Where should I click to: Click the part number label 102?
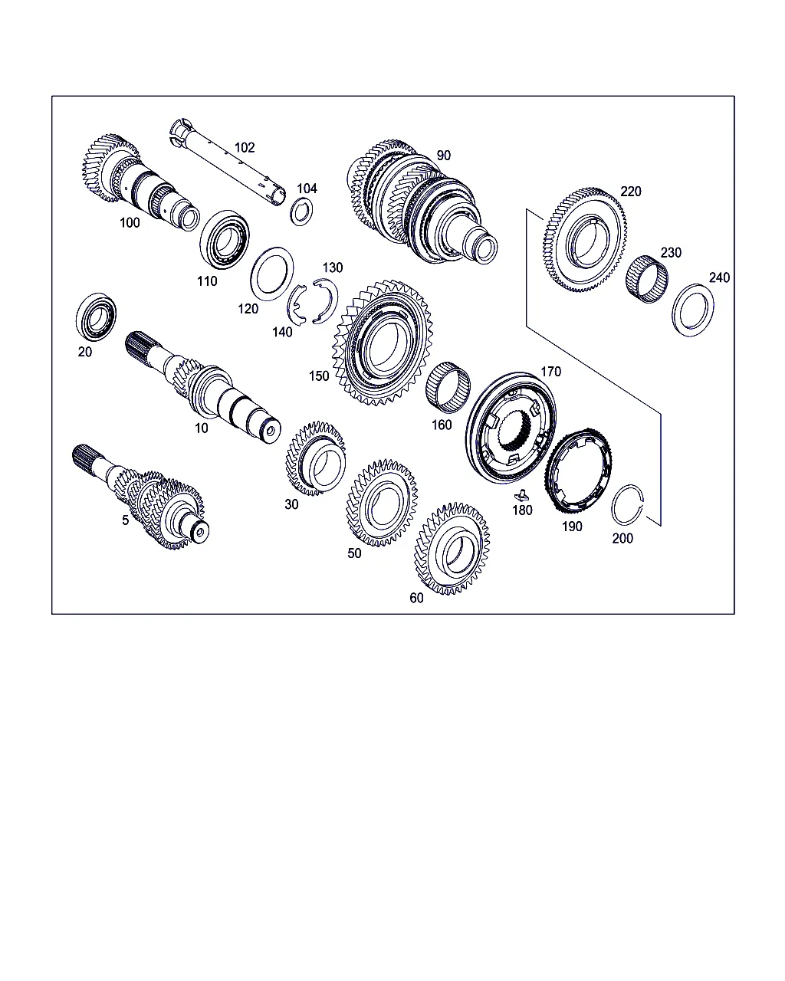[x=245, y=147]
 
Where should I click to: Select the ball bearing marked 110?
[x=225, y=239]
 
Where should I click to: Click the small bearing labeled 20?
[x=96, y=317]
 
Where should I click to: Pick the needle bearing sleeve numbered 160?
[x=448, y=388]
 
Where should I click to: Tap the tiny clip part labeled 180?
[x=521, y=495]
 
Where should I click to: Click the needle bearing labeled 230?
[x=646, y=279]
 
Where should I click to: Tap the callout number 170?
[x=550, y=372]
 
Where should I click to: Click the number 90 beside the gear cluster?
[x=443, y=156]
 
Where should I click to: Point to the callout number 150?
[x=319, y=376]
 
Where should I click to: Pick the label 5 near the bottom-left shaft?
[x=126, y=520]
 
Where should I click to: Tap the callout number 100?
[x=130, y=223]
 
